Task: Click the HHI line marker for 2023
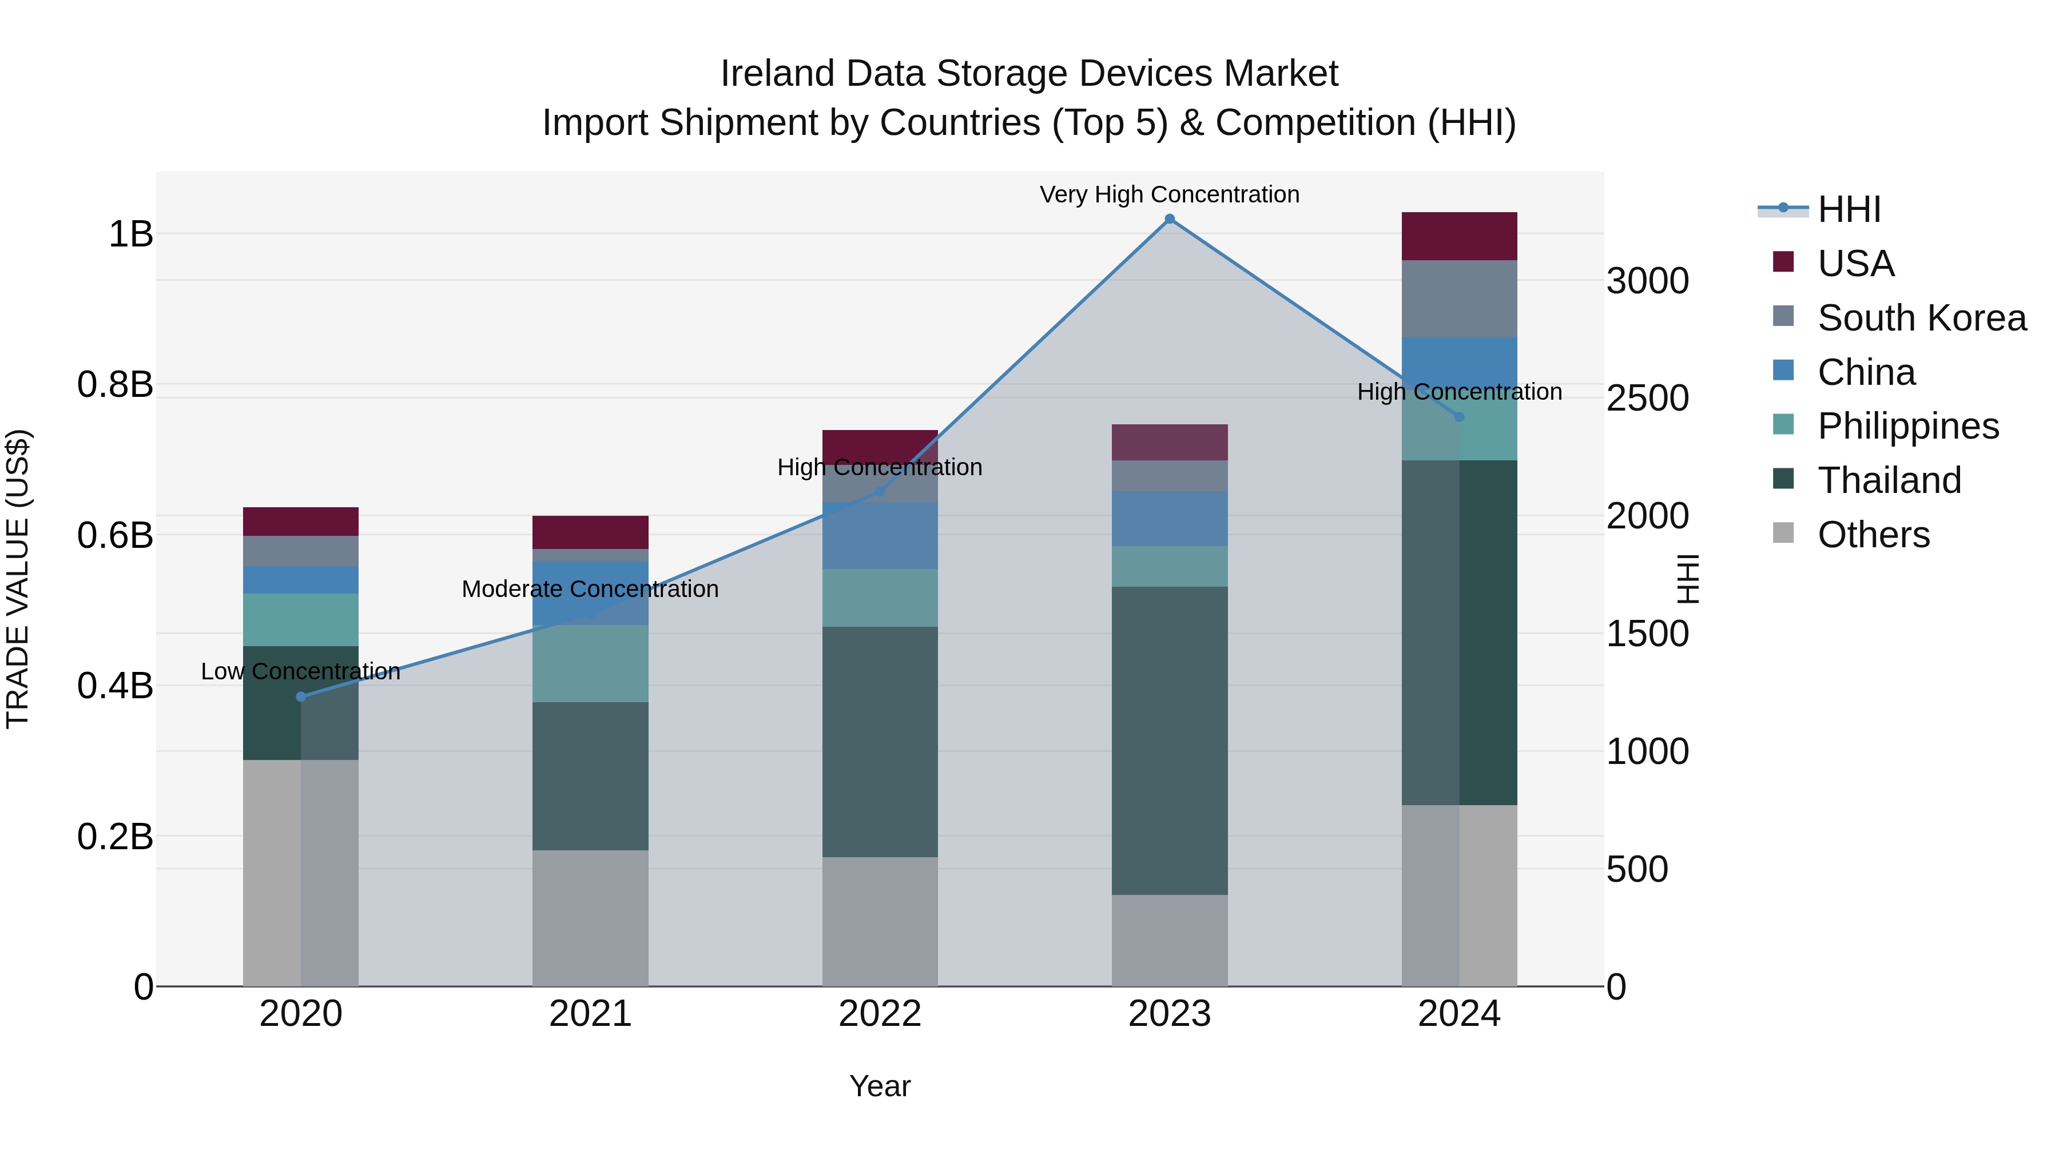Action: click(1170, 219)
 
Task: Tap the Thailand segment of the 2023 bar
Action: click(1170, 740)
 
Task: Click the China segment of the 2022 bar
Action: click(879, 535)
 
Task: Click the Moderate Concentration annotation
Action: click(590, 589)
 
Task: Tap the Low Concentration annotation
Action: click(300, 671)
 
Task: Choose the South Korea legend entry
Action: click(1922, 318)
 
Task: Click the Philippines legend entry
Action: click(1908, 426)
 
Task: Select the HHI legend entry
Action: click(1849, 209)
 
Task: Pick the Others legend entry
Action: click(1873, 535)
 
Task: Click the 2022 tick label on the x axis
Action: click(879, 1014)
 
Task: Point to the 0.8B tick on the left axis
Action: click(115, 384)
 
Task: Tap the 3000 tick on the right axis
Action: click(1647, 281)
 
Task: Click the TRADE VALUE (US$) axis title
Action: click(18, 579)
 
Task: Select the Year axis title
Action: click(879, 1086)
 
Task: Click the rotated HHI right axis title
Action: click(1687, 579)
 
